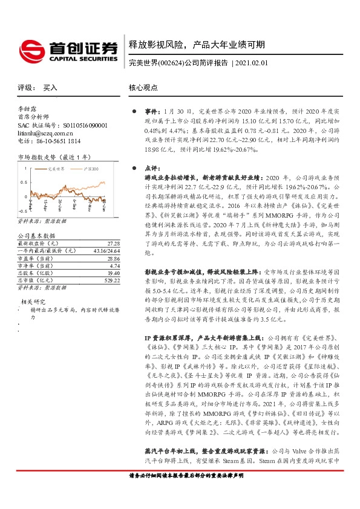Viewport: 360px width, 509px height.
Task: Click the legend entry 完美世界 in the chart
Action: click(56, 169)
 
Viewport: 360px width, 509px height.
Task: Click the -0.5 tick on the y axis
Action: click(21, 210)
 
